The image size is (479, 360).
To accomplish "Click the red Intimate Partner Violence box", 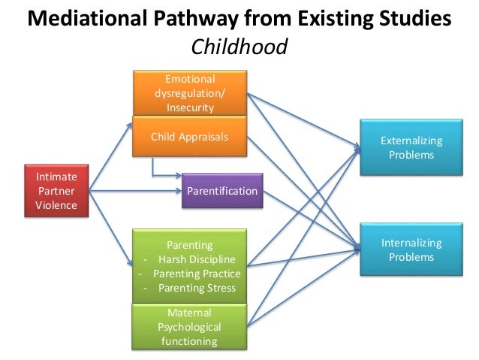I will [x=57, y=191].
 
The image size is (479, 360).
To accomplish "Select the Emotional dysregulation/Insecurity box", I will [x=189, y=93].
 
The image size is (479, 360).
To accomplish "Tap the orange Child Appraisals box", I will [x=189, y=137].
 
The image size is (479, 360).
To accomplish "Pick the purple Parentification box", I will [x=222, y=192].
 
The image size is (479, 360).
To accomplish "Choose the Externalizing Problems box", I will [x=411, y=147].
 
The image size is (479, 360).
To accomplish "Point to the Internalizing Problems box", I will [x=411, y=250].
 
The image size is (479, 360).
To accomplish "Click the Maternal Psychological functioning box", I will [x=189, y=327].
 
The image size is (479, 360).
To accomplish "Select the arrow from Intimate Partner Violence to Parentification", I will [x=135, y=192].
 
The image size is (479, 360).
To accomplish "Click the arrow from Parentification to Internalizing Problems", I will [x=308, y=217].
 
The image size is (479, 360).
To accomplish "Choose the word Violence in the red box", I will [x=57, y=205].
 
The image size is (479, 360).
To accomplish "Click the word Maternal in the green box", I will [x=189, y=313].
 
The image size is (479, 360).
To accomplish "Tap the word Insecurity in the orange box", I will [x=189, y=107].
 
